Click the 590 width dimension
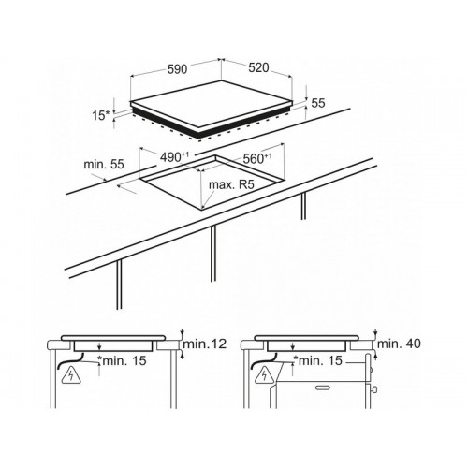coord(178,69)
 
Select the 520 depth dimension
coord(258,67)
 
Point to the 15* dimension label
coord(101,115)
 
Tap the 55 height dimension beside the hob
coord(318,103)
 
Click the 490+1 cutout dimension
coord(175,157)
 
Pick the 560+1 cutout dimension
coord(257,159)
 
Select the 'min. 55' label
coord(104,164)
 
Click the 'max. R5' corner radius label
coord(231,184)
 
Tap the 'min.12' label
coord(204,344)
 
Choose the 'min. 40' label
coord(399,344)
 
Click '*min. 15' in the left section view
coord(122,360)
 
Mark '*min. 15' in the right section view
coord(318,360)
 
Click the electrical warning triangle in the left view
coord(71,374)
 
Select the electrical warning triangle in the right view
coord(265,374)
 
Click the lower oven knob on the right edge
coord(373,389)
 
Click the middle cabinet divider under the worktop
coord(213,254)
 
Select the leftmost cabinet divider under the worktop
coord(119,285)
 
